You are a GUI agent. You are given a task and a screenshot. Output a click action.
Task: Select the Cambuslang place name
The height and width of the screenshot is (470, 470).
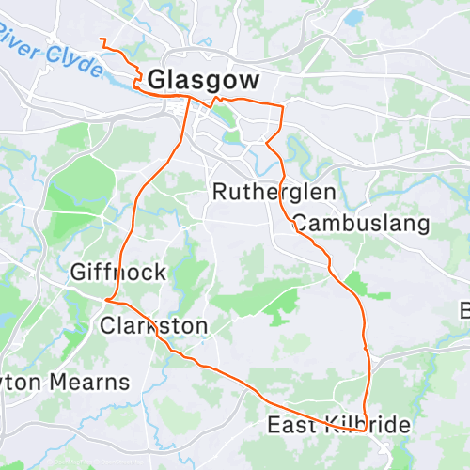point(360,224)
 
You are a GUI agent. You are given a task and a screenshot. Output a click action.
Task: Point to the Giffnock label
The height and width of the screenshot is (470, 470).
point(118,273)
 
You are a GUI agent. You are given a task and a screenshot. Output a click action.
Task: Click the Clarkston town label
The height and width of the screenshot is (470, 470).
point(153,326)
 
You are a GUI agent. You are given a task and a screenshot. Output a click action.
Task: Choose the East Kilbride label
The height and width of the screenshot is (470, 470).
point(338,426)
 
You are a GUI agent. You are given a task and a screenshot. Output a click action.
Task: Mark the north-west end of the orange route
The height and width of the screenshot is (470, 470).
point(100,39)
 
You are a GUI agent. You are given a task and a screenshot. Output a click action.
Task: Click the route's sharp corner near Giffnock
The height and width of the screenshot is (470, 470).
point(106,301)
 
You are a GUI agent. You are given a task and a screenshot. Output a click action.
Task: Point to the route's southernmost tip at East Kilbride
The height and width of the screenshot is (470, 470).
point(365,431)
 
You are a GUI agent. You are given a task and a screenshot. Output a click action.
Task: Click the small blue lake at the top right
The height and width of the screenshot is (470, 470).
point(354,18)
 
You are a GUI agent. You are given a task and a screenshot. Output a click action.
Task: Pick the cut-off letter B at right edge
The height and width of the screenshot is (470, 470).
point(464,310)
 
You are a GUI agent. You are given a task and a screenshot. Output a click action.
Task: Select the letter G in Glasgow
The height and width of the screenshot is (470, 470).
point(158,78)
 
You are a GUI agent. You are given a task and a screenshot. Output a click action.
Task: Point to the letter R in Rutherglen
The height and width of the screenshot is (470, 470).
point(220,192)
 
